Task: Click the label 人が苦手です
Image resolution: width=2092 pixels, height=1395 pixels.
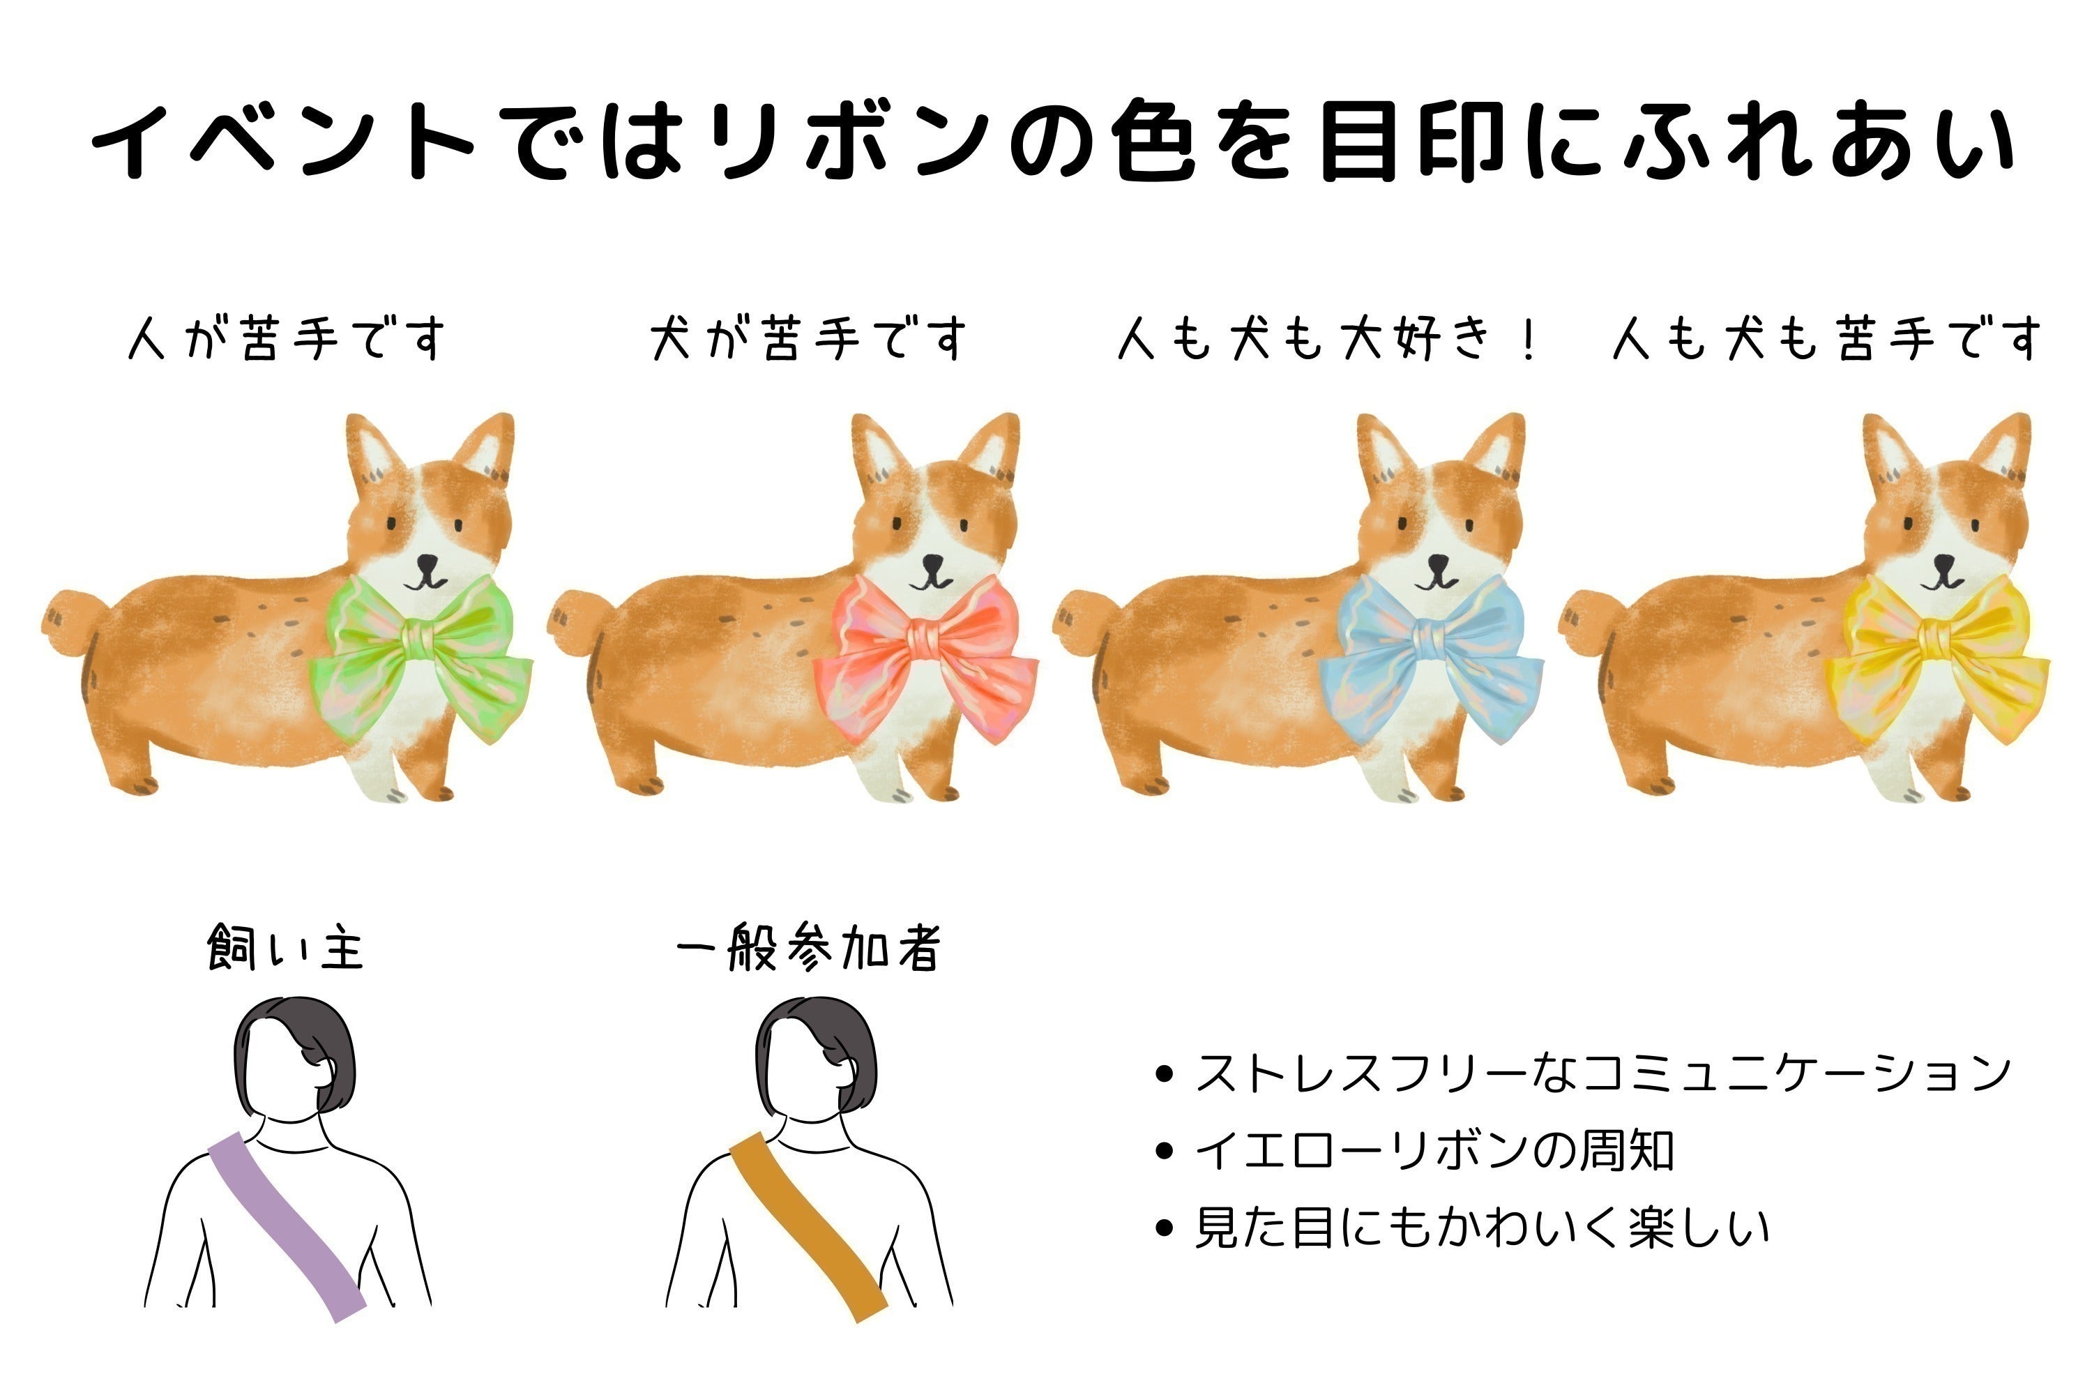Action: click(x=287, y=339)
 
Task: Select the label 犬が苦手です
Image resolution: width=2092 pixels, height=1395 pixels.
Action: click(x=808, y=339)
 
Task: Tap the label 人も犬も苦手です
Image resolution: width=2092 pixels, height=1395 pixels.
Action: click(x=1828, y=339)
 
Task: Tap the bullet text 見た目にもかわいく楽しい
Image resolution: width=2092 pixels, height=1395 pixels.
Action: click(x=1482, y=1228)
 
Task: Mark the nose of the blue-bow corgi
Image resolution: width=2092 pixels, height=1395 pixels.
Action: click(x=1437, y=563)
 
